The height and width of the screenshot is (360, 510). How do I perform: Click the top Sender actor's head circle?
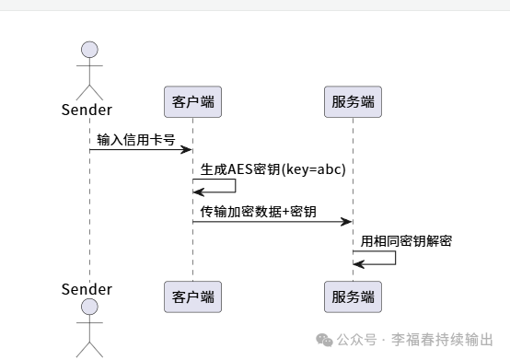click(89, 51)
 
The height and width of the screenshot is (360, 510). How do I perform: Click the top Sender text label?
click(87, 110)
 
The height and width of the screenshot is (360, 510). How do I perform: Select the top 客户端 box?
click(193, 100)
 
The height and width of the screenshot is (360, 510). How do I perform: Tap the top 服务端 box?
click(353, 100)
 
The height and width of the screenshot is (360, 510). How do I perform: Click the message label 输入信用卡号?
click(136, 139)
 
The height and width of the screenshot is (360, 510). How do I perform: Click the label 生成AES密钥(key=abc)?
click(273, 170)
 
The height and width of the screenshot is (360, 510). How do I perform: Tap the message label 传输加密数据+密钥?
click(258, 212)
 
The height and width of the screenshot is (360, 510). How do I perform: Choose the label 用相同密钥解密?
click(406, 242)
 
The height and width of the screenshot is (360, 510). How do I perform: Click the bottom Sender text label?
click(87, 289)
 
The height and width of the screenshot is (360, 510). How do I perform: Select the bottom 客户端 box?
click(193, 296)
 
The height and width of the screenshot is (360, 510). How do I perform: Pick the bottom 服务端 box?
click(353, 296)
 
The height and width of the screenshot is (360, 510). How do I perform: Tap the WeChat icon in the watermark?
click(325, 339)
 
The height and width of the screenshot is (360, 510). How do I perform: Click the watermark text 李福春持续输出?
click(442, 339)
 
